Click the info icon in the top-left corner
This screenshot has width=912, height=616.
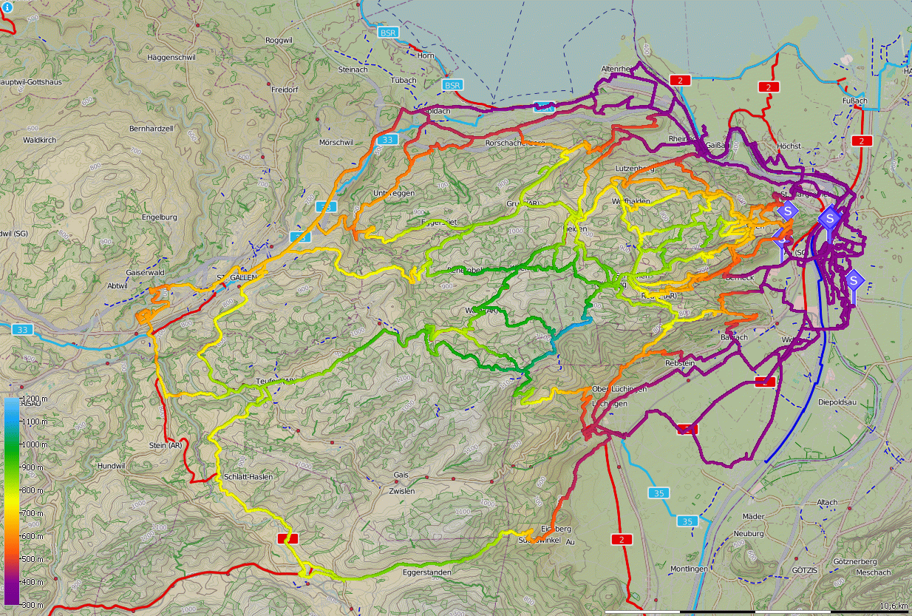pyautogui.click(x=7, y=7)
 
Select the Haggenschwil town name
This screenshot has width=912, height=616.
pyautogui.click(x=170, y=57)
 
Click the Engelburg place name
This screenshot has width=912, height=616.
pyautogui.click(x=160, y=217)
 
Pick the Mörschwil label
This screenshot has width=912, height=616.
pyautogui.click(x=336, y=142)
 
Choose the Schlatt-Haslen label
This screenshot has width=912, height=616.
pyautogui.click(x=248, y=477)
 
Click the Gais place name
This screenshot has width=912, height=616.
pyautogui.click(x=401, y=475)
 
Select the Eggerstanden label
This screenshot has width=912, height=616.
pyautogui.click(x=426, y=572)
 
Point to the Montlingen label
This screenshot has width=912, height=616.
pyautogui.click(x=689, y=569)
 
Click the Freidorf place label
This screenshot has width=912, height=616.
pyautogui.click(x=285, y=89)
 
